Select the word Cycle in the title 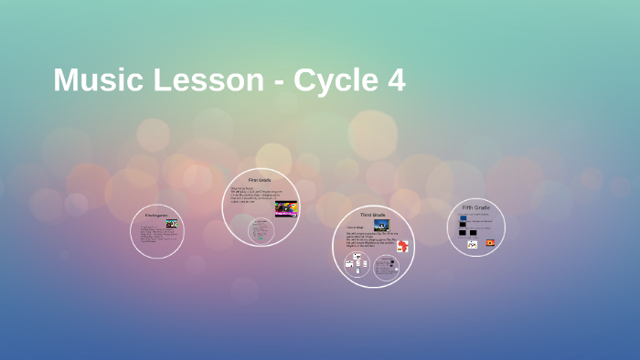tap(335, 80)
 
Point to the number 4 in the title tap(396, 80)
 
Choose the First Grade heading tap(260, 181)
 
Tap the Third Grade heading tap(372, 214)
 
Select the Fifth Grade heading tap(475, 208)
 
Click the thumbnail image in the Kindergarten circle tap(171, 223)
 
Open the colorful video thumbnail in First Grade tap(286, 208)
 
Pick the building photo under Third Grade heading tap(381, 225)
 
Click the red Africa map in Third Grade tap(402, 246)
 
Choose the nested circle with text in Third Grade tap(388, 266)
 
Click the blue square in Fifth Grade tap(463, 219)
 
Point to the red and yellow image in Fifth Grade tap(490, 242)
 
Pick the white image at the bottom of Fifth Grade tap(473, 244)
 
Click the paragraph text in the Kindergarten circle tap(152, 234)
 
